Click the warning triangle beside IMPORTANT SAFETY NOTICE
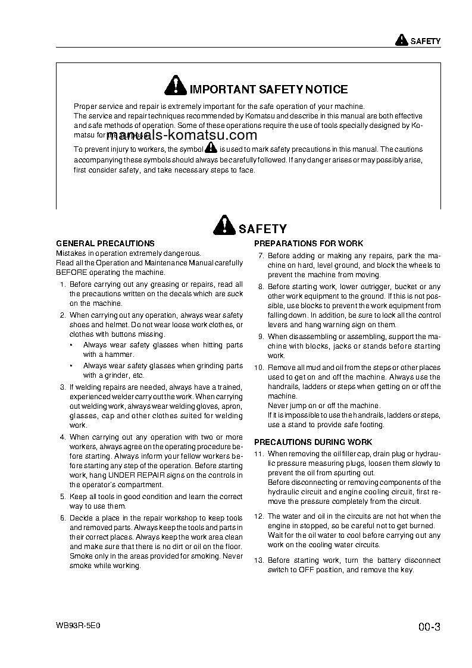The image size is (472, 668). coord(175,87)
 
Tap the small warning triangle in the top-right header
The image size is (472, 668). coord(401,41)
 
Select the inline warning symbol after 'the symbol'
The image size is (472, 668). coord(211,149)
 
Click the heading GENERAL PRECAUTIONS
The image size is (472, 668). coord(105,243)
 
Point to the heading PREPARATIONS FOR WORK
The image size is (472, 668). coord(308,243)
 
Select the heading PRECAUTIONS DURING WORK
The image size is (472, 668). coord(313,442)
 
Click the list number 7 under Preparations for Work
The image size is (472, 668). coord(261,256)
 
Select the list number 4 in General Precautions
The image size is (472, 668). coord(62,437)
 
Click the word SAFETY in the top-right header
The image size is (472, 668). coord(426,42)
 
